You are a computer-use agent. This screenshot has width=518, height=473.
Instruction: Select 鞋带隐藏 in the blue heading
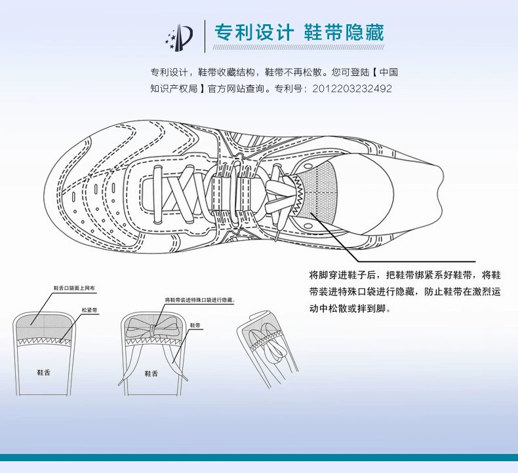pos(344,32)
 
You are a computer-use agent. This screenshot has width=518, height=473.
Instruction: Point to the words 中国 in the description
pos(389,72)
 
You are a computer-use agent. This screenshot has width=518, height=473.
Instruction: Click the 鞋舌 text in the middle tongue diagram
pos(151,373)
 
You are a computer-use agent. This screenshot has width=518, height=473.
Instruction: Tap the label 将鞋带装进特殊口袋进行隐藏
pos(199,300)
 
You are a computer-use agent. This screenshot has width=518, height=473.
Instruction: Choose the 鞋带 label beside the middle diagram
pos(195,324)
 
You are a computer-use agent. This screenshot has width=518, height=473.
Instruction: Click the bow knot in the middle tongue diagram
pos(151,327)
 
